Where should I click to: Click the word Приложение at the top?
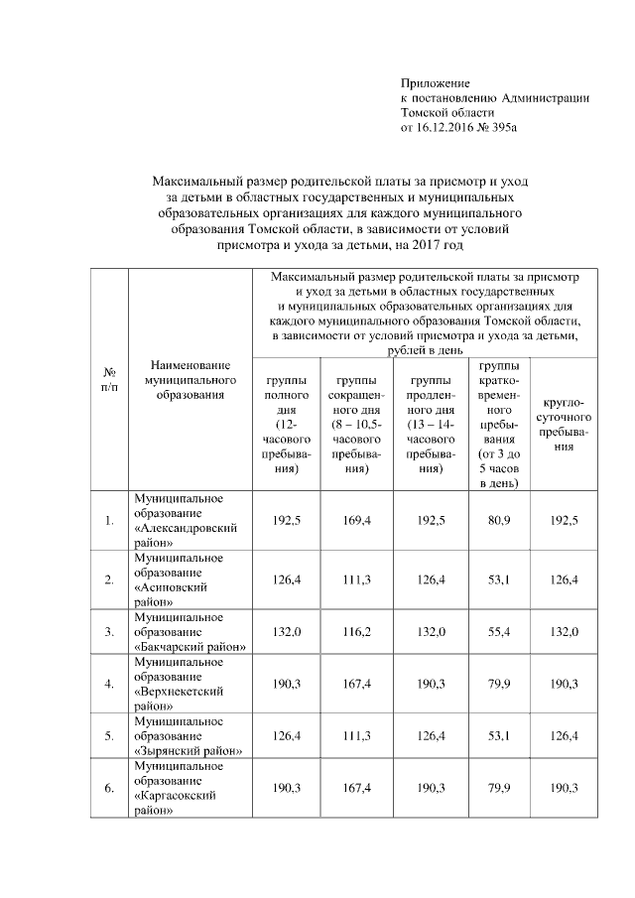(435, 82)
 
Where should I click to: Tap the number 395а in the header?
(505, 128)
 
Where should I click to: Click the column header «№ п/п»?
(108, 379)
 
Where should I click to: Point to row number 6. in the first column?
(108, 788)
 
